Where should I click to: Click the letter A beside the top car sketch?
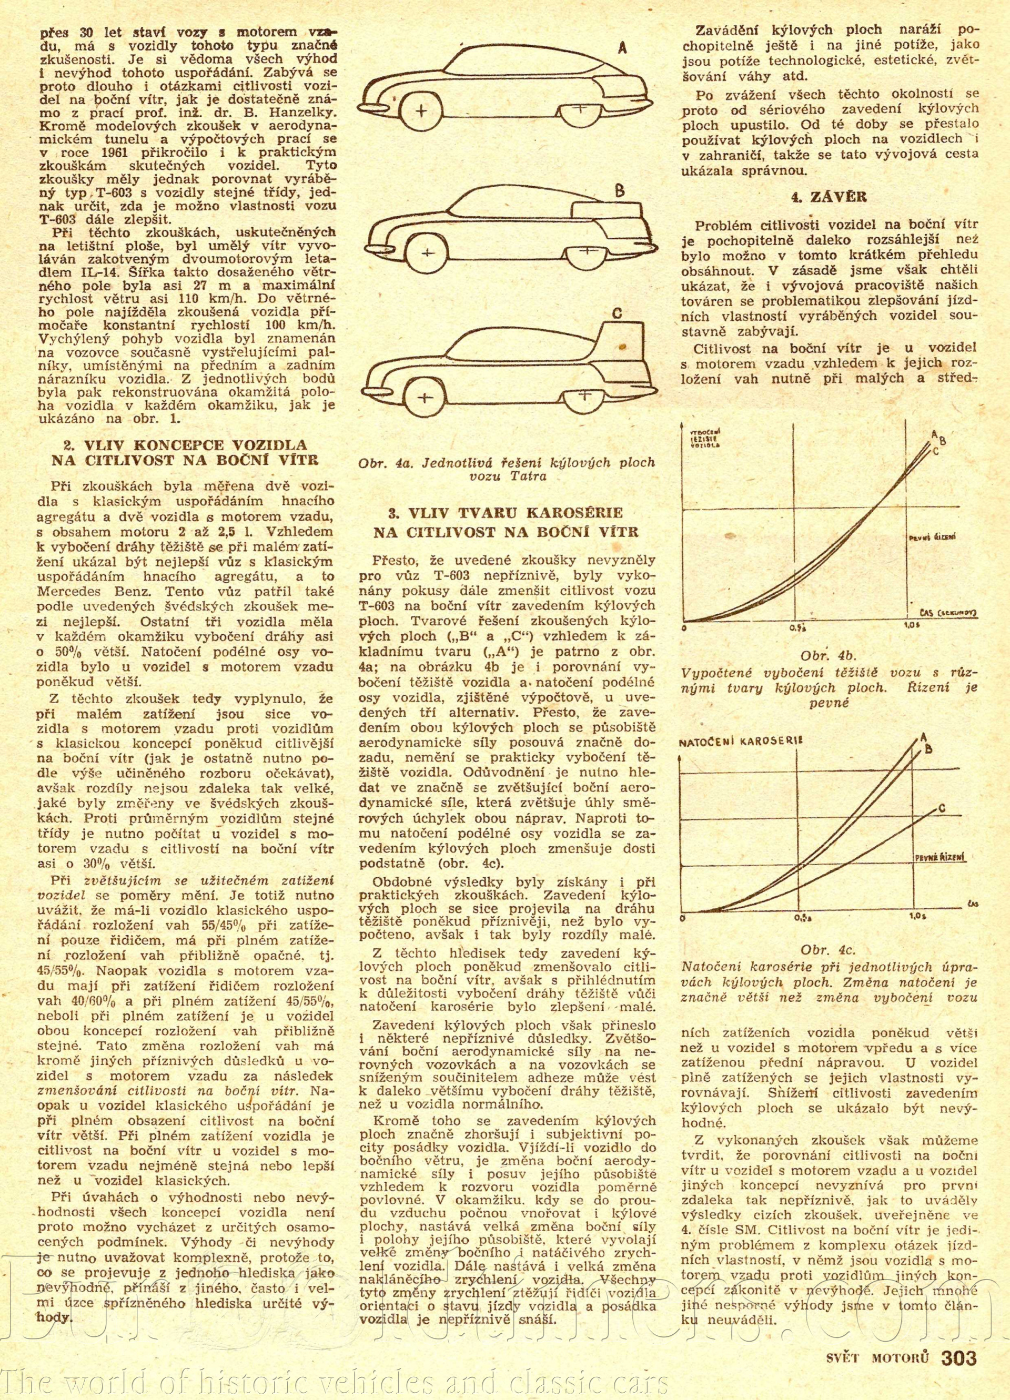(622, 49)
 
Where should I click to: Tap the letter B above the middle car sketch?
(619, 192)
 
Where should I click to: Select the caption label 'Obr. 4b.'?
(828, 655)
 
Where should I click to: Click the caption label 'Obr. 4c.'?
(828, 949)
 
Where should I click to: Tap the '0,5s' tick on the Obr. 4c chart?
(801, 918)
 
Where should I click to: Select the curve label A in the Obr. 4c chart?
(924, 736)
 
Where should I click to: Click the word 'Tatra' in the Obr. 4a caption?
(509, 476)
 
